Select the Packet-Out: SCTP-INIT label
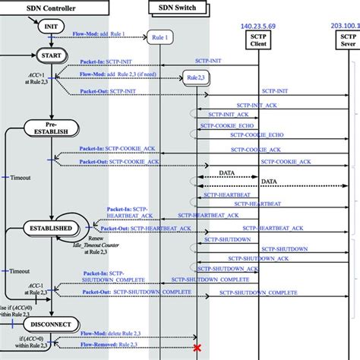click(x=107, y=91)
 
